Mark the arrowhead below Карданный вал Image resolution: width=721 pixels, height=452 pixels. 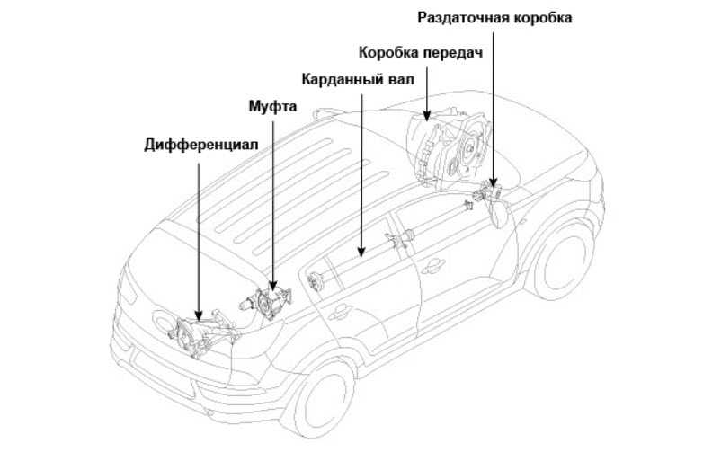coord(360,253)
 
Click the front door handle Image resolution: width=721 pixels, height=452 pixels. coord(434,263)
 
